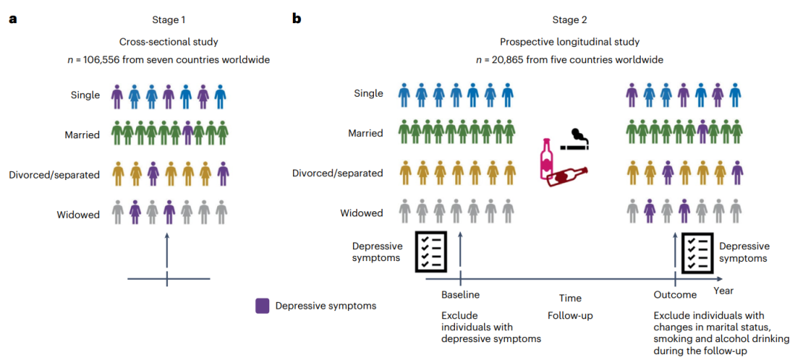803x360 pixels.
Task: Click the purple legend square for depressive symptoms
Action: [262, 306]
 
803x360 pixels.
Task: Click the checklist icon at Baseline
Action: [430, 251]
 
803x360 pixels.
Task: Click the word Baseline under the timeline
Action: [460, 295]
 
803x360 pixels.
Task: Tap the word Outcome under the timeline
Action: [675, 295]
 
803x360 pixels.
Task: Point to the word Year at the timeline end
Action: [724, 290]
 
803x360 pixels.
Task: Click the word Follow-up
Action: [570, 315]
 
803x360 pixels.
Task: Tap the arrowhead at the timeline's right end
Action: [720, 279]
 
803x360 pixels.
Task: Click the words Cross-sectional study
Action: [167, 42]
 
